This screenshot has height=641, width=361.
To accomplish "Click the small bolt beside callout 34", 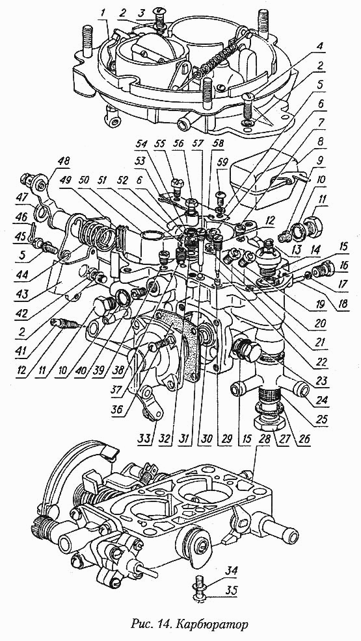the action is [200, 582].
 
